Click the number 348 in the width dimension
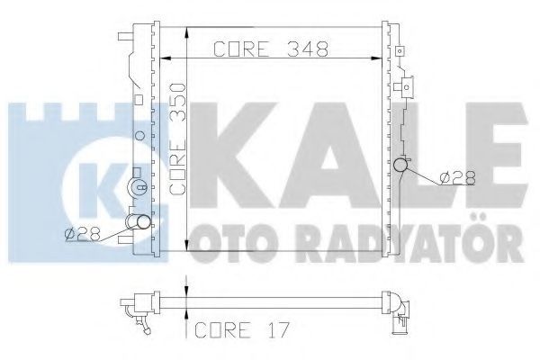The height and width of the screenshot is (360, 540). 308,49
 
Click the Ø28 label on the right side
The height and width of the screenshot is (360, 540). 458,178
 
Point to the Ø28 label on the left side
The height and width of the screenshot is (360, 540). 82,235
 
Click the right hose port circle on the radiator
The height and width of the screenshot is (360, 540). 400,165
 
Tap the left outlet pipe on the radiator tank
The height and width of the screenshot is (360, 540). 139,221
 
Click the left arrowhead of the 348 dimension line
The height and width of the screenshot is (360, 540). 166,58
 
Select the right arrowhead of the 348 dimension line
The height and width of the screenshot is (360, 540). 376,58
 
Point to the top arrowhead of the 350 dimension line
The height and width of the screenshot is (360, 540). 186,33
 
